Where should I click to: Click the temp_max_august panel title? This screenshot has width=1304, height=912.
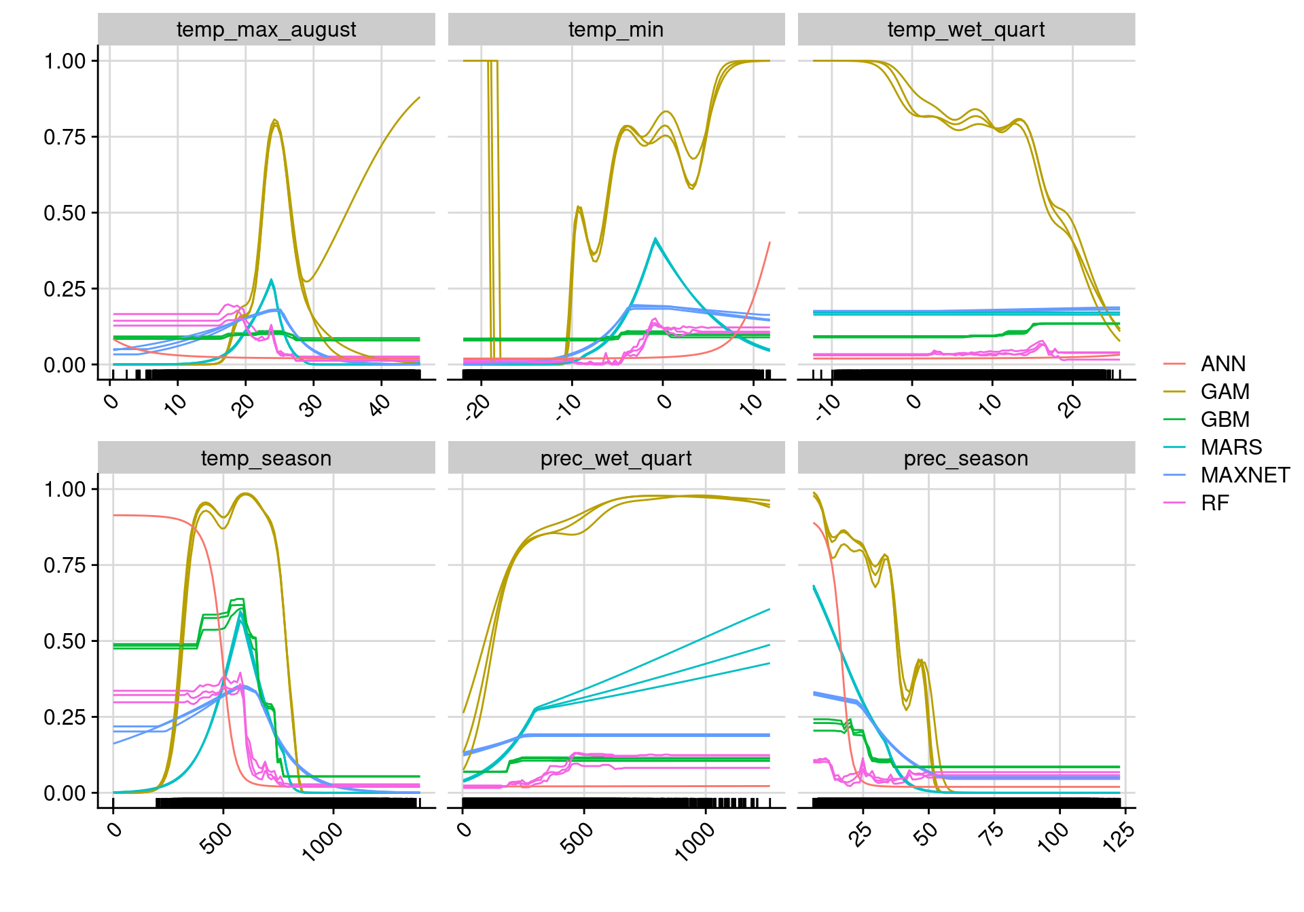266,30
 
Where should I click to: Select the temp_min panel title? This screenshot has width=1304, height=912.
616,30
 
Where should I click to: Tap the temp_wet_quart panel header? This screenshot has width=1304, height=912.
966,30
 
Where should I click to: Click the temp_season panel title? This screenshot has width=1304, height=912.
266,459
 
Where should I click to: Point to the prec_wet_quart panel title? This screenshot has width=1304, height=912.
616,459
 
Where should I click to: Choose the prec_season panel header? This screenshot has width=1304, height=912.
966,459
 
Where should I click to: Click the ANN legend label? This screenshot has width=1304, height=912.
1222,364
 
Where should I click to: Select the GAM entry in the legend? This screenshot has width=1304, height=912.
1225,392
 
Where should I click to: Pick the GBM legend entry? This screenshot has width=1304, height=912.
1225,420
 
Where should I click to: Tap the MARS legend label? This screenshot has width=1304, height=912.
1231,448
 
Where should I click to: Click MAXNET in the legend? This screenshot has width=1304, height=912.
1245,476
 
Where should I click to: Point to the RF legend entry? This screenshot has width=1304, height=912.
1214,503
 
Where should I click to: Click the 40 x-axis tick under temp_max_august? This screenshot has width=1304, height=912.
380,404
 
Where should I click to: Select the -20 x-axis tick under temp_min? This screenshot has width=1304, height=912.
478,407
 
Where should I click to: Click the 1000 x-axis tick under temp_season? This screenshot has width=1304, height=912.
323,841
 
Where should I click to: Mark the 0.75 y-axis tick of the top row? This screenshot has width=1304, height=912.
65,137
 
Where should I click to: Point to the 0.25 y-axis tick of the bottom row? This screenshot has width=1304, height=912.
65,717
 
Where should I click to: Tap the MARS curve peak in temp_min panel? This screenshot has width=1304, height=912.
655,239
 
